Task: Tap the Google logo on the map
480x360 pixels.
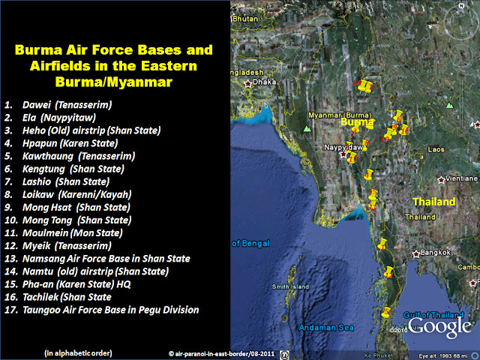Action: point(440,326)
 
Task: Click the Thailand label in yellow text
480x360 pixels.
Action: point(434,202)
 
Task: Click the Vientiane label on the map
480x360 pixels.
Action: point(461,179)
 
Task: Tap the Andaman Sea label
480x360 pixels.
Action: point(325,328)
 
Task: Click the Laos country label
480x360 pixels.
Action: point(436,149)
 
